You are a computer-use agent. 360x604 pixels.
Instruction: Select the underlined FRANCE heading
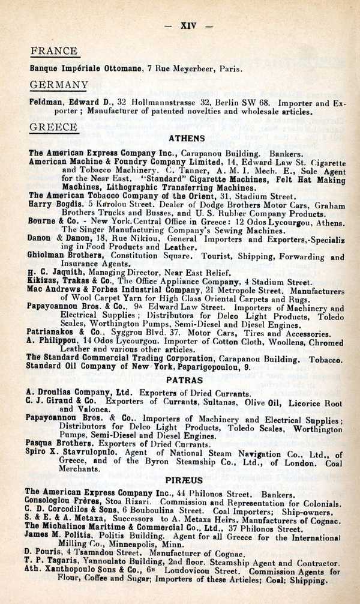(x=54, y=51)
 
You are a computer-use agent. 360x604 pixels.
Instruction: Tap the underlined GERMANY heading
(x=59, y=85)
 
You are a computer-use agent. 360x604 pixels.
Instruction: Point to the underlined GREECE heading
(x=53, y=127)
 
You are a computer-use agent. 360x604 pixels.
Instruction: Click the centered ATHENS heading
(x=187, y=139)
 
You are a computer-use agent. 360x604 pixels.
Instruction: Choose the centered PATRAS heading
(x=185, y=380)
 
